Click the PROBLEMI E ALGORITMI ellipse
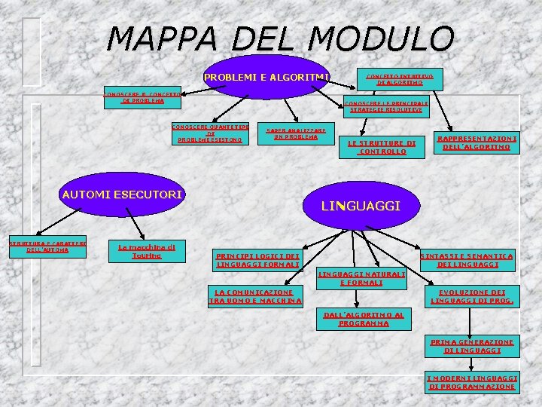click(x=266, y=77)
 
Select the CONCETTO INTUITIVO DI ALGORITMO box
click(x=405, y=78)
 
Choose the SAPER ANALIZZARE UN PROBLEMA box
click(x=295, y=133)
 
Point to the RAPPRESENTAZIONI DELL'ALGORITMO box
click(x=477, y=143)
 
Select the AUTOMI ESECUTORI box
click(x=122, y=194)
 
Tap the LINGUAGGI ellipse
click(x=361, y=205)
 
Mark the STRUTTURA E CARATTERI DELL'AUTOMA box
click(x=47, y=246)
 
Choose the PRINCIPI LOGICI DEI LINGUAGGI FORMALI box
click(x=257, y=260)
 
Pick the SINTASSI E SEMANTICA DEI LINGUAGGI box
click(x=467, y=260)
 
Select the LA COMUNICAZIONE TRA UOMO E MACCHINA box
click(x=254, y=296)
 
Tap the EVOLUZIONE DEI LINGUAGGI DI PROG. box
click(x=472, y=296)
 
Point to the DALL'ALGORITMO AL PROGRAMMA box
click(x=364, y=320)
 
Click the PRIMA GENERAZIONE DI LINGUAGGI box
click(x=472, y=346)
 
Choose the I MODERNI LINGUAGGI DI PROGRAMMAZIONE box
click(x=472, y=381)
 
